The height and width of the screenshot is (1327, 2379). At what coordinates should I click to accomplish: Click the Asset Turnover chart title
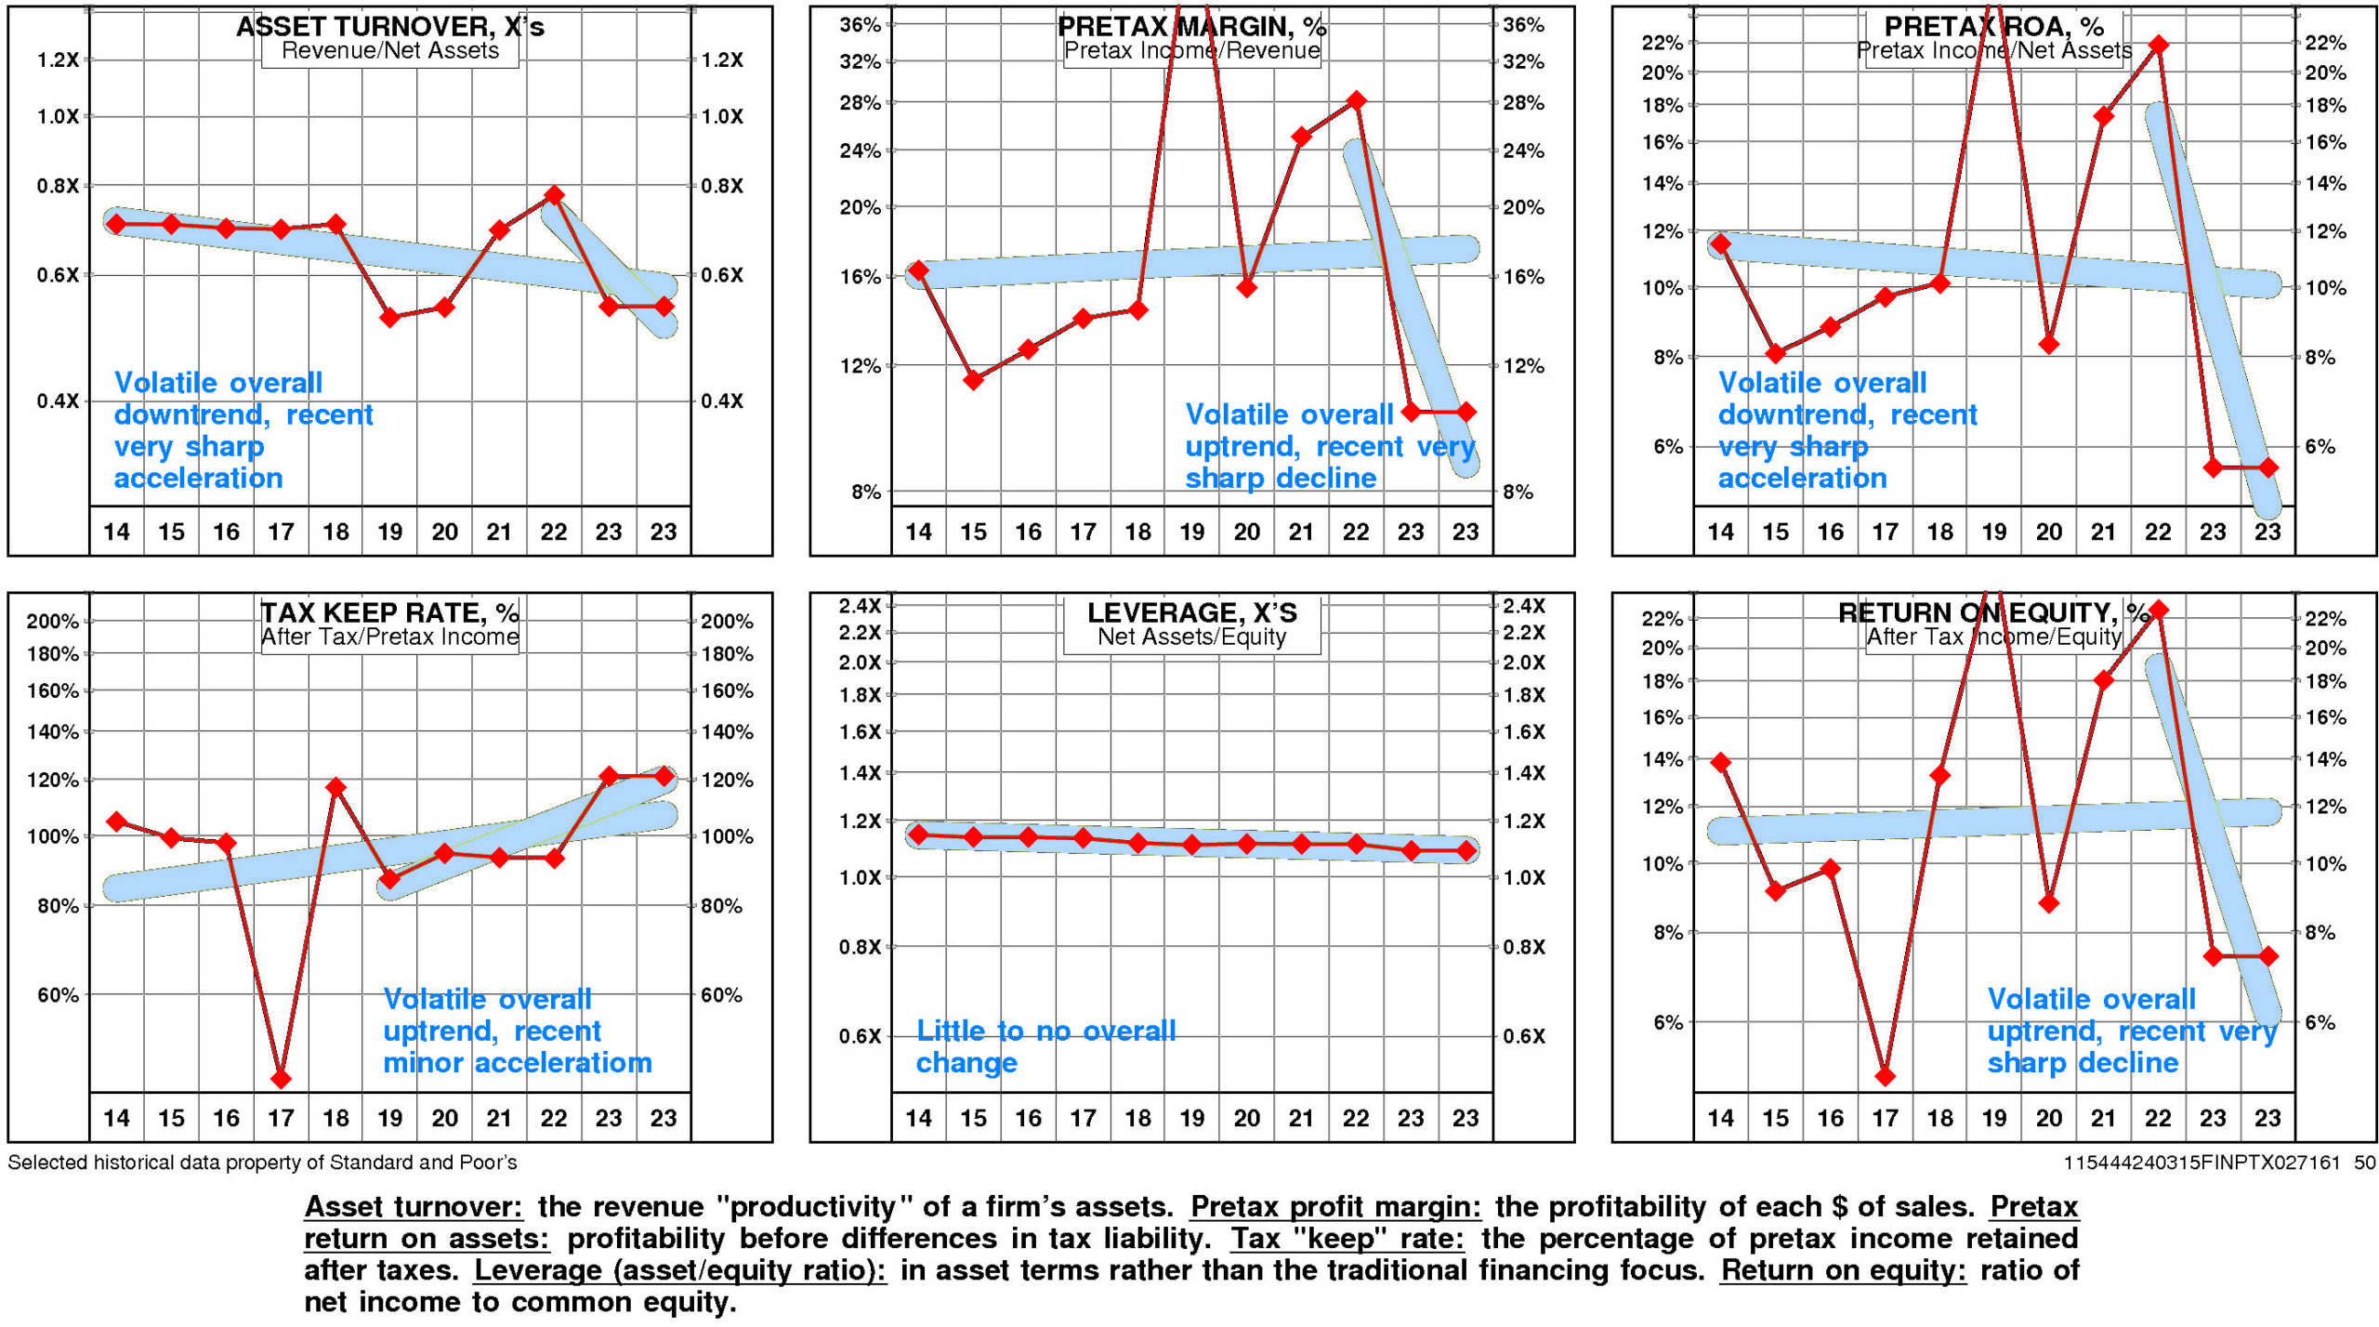[389, 26]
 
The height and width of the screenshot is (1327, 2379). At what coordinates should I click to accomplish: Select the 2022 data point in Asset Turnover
[554, 195]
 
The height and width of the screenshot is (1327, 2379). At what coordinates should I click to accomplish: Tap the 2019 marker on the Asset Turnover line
[390, 318]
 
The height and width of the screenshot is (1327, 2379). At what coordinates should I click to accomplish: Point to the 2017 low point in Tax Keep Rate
[281, 1079]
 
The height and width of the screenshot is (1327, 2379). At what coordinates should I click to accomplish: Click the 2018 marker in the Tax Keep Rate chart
[335, 788]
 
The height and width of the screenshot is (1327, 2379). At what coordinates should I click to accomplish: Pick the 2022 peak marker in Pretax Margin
[1356, 100]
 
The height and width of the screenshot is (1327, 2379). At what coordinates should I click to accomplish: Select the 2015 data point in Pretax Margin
[973, 380]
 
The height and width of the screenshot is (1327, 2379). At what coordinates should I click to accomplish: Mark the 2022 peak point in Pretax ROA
[2159, 45]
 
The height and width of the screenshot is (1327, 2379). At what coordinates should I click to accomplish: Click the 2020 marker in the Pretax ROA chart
[2049, 345]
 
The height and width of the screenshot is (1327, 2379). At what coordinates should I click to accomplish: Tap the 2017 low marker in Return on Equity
[1885, 1077]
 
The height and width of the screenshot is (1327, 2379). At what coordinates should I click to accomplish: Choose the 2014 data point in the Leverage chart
[918, 834]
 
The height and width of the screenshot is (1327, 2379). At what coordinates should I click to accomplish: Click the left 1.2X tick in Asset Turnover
[58, 60]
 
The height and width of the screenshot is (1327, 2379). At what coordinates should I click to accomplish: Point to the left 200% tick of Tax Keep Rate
[52, 622]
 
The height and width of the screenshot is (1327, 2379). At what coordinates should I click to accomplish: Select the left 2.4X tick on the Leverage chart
[860, 606]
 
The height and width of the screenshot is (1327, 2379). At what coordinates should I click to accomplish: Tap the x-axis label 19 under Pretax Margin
[1192, 532]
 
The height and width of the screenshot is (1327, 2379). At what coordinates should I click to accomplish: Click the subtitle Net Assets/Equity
[1191, 637]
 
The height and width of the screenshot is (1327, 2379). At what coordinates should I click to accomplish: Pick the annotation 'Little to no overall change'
[1045, 1046]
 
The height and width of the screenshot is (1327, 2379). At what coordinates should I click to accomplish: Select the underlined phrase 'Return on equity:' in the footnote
[1843, 1270]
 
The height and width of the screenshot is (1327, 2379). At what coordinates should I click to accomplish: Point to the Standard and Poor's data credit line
[262, 1163]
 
